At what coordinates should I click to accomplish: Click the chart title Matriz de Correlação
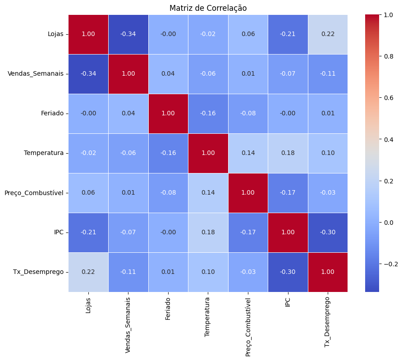pos(208,8)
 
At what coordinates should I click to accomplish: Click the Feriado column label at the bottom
pos(168,309)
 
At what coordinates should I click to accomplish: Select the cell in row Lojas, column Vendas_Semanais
pos(128,34)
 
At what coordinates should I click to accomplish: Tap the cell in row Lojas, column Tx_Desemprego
pos(328,34)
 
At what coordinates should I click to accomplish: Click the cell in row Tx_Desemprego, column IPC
pos(288,272)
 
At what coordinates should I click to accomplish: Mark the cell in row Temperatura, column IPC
pos(288,153)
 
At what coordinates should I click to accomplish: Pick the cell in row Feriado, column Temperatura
pos(208,114)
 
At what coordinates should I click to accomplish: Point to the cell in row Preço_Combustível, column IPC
pos(288,193)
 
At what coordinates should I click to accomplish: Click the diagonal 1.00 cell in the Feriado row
pos(168,114)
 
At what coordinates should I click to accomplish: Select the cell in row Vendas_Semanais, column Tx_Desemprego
pos(328,74)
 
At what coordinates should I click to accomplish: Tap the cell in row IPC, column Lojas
pos(88,232)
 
